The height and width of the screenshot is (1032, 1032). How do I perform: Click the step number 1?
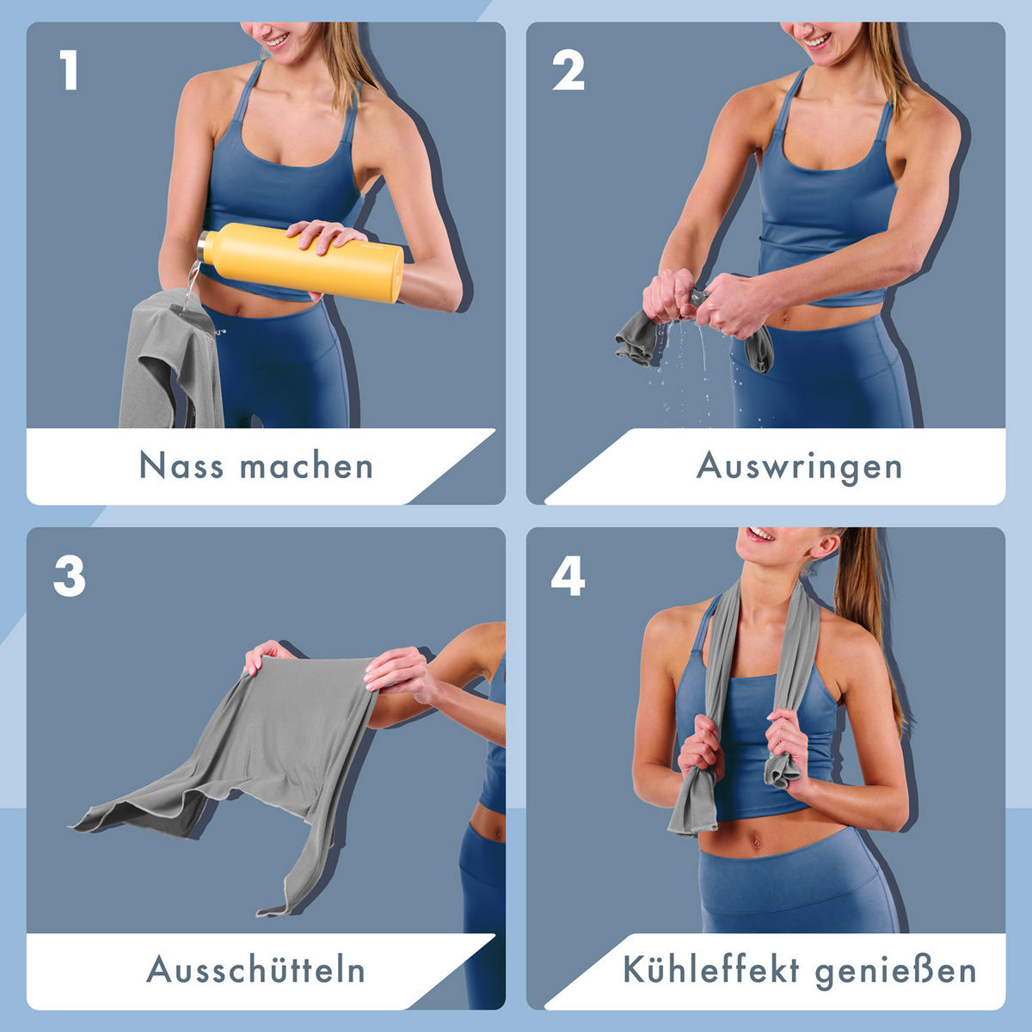coord(70,71)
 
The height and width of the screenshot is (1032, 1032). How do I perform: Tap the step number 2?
coord(568,71)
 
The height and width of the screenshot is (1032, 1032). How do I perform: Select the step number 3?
coord(70,575)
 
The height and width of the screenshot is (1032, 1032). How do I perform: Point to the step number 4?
coord(568,575)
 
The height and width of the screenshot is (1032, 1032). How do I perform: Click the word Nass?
coord(181,466)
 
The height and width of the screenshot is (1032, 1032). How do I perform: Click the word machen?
coord(306,466)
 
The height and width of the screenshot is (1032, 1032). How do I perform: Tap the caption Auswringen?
coord(799,467)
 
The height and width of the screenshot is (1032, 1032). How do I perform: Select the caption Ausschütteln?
coord(256,970)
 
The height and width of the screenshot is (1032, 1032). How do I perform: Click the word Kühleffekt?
coord(711,970)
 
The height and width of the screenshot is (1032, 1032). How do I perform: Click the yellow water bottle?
coord(310,261)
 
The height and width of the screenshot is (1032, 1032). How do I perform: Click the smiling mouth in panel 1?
coord(275,39)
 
